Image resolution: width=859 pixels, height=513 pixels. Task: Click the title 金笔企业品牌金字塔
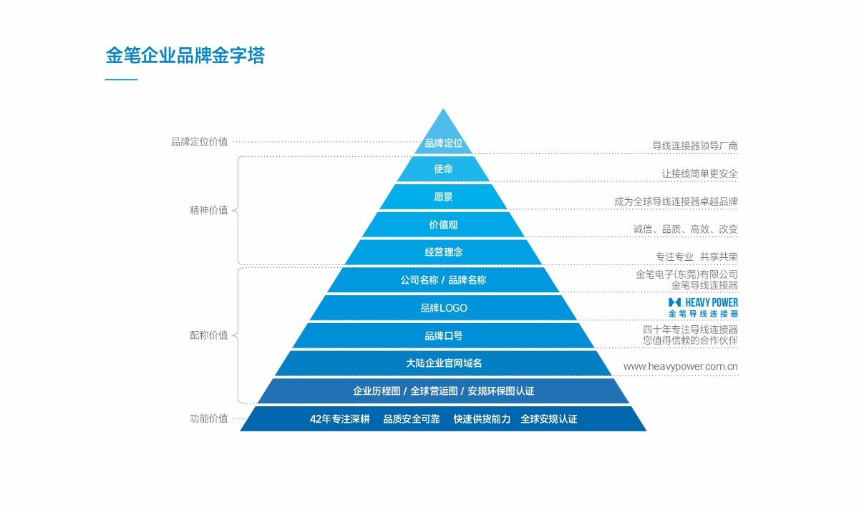tap(185, 55)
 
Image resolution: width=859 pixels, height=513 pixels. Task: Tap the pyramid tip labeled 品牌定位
tap(444, 143)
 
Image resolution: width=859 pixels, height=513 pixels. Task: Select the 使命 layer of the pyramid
tap(443, 169)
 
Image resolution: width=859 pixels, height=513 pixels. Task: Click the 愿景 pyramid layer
tap(443, 197)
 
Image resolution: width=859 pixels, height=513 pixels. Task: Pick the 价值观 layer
tap(443, 224)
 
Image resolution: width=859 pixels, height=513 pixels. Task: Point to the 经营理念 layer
tap(443, 252)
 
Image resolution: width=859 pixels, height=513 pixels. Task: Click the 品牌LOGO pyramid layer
tap(443, 308)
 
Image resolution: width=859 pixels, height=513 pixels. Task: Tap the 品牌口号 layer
tap(443, 335)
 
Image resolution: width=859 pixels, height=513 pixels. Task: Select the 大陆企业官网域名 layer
tap(443, 363)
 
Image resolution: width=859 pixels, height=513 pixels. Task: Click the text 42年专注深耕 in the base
tap(339, 419)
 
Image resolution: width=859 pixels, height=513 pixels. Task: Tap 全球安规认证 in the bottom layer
tap(548, 419)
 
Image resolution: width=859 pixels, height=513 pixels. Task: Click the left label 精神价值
tap(208, 211)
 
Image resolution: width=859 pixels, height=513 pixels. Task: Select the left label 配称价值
tap(208, 335)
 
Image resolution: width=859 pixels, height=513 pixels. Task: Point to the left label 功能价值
tap(208, 419)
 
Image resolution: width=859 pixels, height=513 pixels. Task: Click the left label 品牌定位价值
tap(199, 142)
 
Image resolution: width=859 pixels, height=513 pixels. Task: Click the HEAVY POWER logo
tap(703, 307)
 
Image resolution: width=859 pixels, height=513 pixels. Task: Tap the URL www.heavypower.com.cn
tap(680, 367)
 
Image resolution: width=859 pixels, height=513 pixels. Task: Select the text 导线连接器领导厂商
tap(694, 145)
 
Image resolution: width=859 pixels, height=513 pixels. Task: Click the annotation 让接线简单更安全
tap(699, 173)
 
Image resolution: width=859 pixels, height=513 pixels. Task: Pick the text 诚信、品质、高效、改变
tap(685, 229)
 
